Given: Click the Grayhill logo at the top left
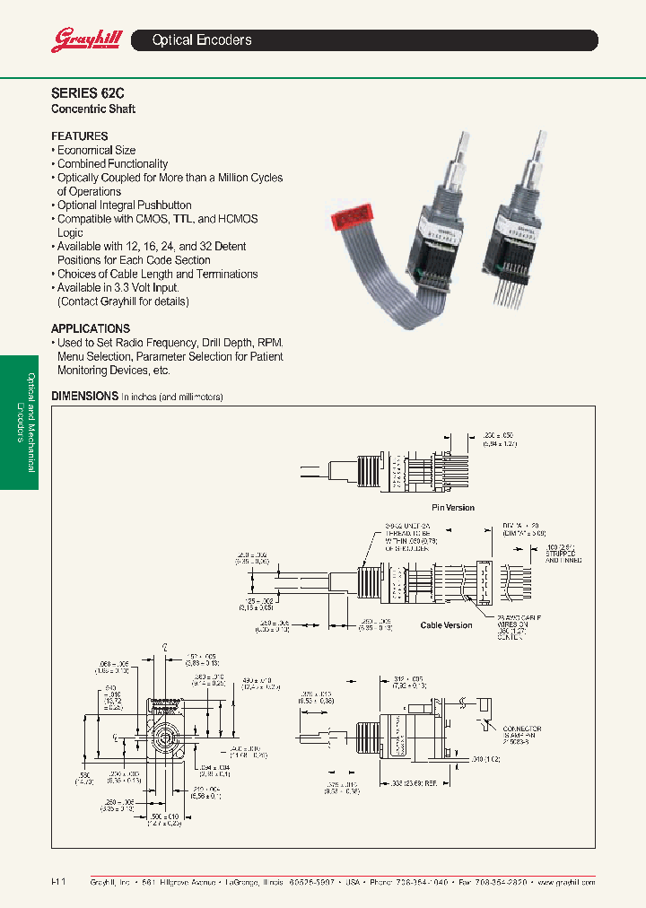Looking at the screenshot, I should coord(83,40).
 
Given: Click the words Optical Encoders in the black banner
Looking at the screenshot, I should coord(202,40).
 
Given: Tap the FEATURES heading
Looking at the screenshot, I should coord(80,136).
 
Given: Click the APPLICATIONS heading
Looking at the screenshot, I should coord(91,328).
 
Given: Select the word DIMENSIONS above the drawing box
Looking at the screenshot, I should coord(84,396).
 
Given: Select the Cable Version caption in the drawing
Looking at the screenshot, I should coord(446,624).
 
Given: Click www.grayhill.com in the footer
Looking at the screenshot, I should coord(567,883).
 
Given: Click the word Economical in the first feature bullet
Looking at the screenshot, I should coord(84,151).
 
